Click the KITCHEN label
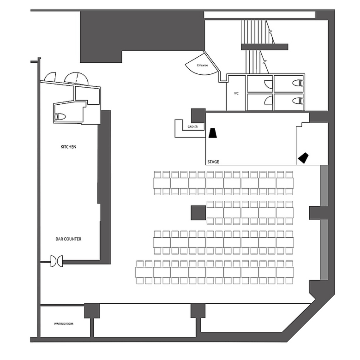[68, 147]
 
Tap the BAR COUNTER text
[68, 239]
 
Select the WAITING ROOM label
[64, 324]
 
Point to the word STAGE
[213, 162]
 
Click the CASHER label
[192, 127]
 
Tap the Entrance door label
[202, 66]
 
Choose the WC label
[236, 93]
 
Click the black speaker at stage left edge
[213, 133]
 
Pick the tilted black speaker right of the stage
[303, 158]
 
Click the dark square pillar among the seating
[198, 213]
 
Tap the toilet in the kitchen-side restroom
[60, 117]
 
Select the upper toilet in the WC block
[298, 83]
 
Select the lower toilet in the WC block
[298, 101]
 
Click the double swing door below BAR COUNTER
[57, 261]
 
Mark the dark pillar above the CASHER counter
[198, 116]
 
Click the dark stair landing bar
[264, 47]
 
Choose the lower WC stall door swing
[269, 100]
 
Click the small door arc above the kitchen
[50, 77]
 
